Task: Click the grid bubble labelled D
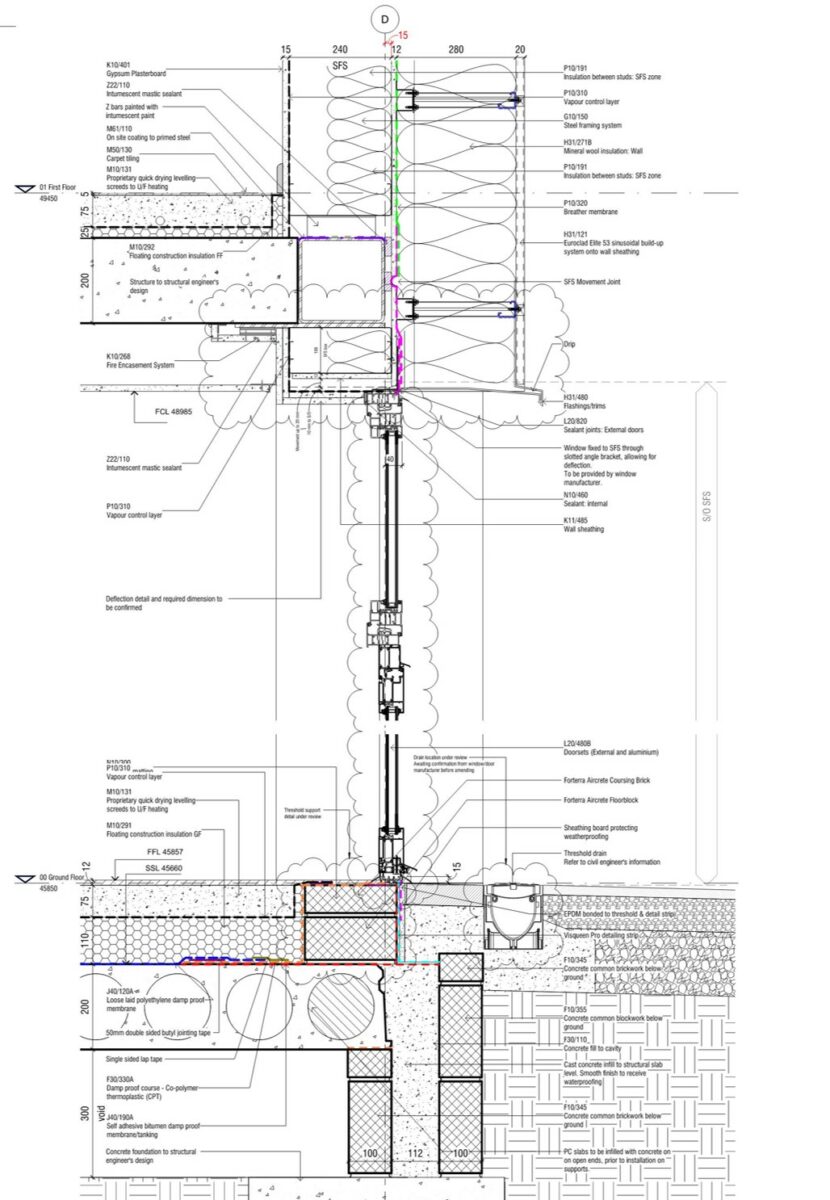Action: [x=385, y=17]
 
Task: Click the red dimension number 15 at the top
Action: [x=403, y=35]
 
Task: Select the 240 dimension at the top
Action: [x=339, y=50]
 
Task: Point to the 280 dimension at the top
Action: [x=456, y=50]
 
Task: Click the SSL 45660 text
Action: [x=166, y=868]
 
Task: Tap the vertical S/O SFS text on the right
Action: [x=706, y=518]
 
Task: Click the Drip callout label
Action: [x=569, y=345]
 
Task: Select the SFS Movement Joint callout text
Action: [x=592, y=283]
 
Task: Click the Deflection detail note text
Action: [x=164, y=603]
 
